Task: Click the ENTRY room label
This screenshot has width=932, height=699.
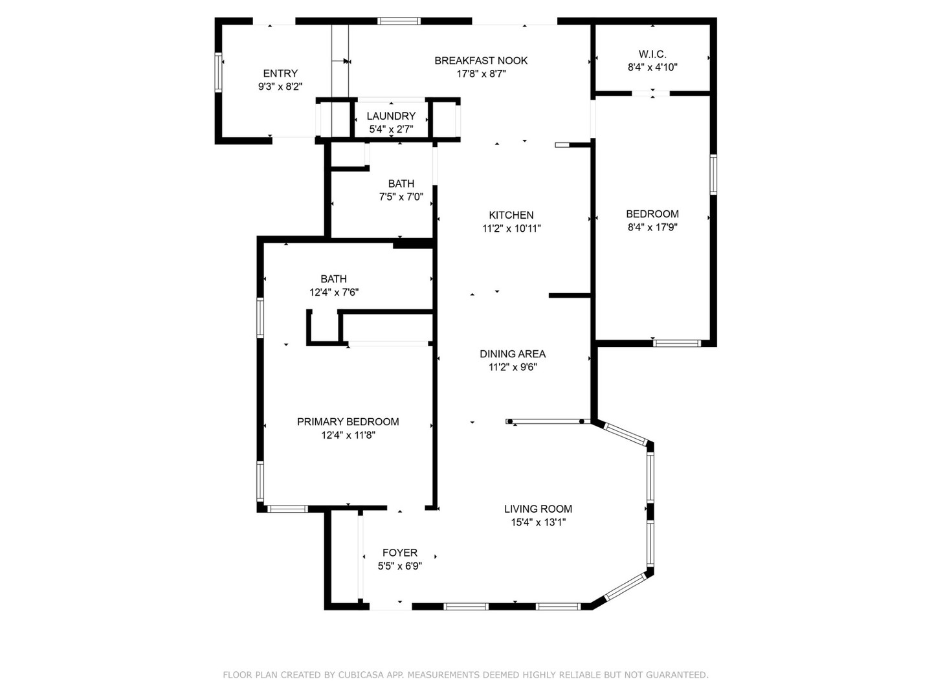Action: pyautogui.click(x=280, y=73)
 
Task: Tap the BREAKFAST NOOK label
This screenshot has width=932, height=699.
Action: pyautogui.click(x=481, y=60)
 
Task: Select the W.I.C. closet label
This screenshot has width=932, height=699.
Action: pyautogui.click(x=652, y=54)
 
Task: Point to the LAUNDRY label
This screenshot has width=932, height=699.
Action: pyautogui.click(x=391, y=116)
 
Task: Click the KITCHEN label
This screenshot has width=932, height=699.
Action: pyautogui.click(x=511, y=215)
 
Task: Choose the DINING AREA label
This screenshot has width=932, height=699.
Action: pyautogui.click(x=513, y=353)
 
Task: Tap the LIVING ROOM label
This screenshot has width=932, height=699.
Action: pyautogui.click(x=538, y=509)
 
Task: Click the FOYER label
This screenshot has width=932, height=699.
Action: pyautogui.click(x=400, y=552)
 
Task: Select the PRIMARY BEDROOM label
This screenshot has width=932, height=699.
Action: pyautogui.click(x=348, y=421)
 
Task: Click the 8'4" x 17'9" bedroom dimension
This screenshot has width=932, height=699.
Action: pyautogui.click(x=652, y=227)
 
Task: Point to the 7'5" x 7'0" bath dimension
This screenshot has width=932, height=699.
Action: pyautogui.click(x=401, y=197)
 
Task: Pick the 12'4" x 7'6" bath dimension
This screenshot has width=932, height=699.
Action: pyautogui.click(x=334, y=293)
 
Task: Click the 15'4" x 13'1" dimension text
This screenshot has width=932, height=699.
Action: pyautogui.click(x=538, y=522)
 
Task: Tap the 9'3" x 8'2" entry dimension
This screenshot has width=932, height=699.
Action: pyautogui.click(x=280, y=87)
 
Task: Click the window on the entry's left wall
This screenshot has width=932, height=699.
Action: pyautogui.click(x=218, y=72)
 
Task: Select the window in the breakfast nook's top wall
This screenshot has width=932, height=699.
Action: pyautogui.click(x=399, y=21)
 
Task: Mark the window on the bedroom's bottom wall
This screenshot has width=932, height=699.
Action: pyautogui.click(x=677, y=343)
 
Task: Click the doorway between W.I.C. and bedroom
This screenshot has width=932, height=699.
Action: pyautogui.click(x=651, y=93)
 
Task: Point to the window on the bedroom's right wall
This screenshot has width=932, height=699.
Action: pyautogui.click(x=713, y=175)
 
